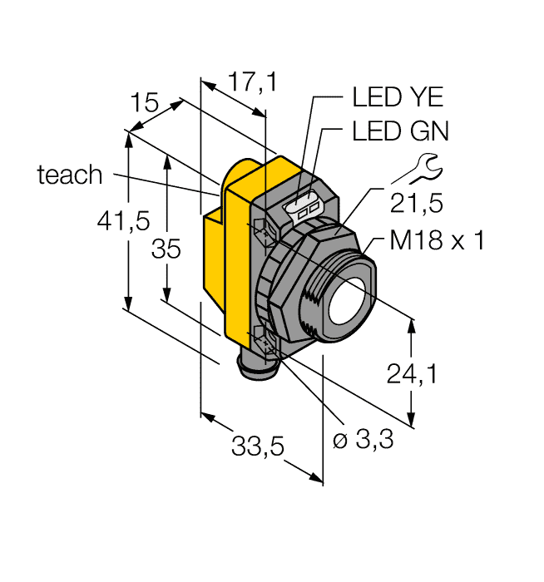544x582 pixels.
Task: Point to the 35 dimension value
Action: click(166, 249)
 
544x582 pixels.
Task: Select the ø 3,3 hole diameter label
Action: click(363, 441)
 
